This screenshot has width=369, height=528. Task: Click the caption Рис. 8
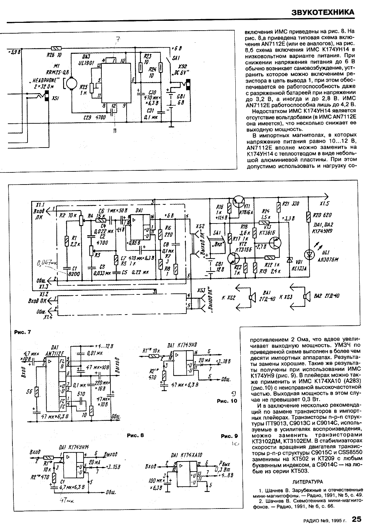click(135, 435)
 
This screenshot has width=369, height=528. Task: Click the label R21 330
click(290, 204)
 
